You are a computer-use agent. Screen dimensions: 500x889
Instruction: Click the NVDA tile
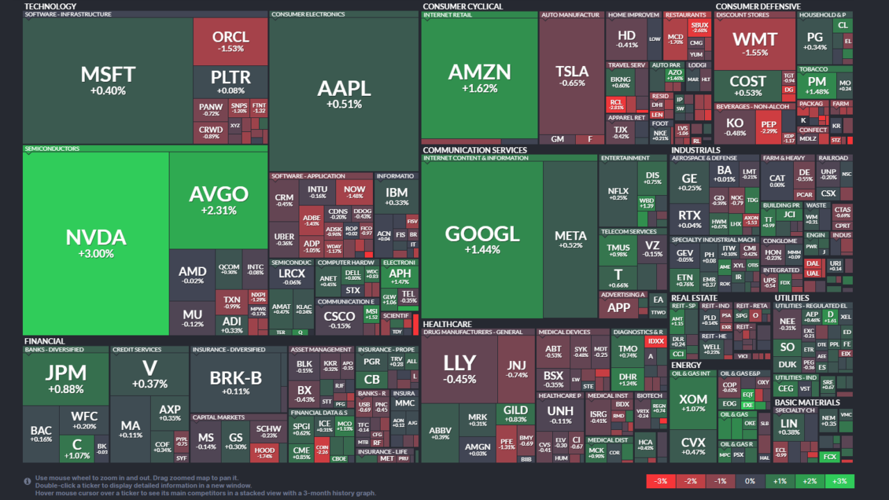point(95,243)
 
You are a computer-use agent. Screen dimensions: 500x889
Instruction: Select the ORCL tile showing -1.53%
point(231,41)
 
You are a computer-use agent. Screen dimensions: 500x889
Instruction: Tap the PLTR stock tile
point(231,81)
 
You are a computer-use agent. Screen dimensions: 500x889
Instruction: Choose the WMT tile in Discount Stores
point(755,43)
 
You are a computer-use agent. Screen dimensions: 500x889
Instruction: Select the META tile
point(570,240)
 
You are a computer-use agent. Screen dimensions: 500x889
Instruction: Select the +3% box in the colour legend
point(840,481)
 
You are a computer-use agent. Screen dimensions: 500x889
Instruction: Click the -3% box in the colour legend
point(661,481)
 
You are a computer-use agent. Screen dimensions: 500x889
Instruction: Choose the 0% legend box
point(750,481)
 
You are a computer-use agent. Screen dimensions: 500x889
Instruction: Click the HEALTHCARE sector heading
point(447,324)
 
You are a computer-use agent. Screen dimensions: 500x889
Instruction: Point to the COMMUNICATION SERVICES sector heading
point(474,150)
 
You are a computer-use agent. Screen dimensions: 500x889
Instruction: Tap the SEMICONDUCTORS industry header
point(52,149)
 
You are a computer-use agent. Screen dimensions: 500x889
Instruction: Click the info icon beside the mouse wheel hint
point(27,481)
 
